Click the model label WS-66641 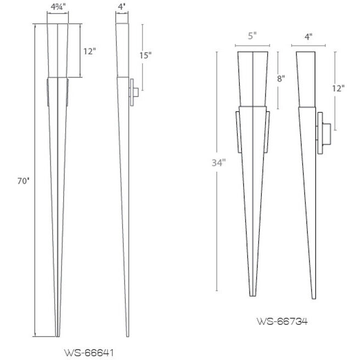89,352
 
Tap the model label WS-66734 282,321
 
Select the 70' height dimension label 22,181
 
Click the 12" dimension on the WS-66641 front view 89,51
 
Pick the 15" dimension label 145,55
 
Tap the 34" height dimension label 218,162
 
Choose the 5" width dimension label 252,37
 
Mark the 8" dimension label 281,78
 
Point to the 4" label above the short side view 308,37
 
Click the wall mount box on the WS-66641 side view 133,92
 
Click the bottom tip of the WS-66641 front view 57,334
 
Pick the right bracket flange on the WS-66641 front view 67,92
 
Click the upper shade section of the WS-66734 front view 252,77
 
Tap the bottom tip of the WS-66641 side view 127,335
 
